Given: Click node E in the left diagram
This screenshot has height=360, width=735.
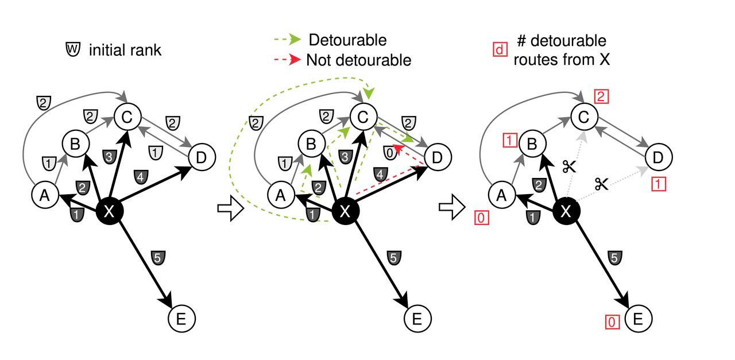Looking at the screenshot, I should (x=182, y=318).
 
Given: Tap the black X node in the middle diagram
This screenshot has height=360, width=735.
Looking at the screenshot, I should (x=345, y=211).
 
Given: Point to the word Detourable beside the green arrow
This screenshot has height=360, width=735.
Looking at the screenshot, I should (x=347, y=40).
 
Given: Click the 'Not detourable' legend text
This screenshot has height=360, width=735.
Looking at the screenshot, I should (x=359, y=60).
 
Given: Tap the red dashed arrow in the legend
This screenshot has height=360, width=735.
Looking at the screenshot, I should (x=287, y=60).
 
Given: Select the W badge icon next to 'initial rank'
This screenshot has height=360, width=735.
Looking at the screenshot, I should (x=73, y=50).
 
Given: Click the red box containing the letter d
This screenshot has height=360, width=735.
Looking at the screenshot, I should (x=498, y=50).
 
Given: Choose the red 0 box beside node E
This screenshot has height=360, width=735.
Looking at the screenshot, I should (x=612, y=323).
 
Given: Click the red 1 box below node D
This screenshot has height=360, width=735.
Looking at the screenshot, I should (x=660, y=184).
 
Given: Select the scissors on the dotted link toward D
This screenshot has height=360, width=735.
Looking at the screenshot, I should (x=601, y=184).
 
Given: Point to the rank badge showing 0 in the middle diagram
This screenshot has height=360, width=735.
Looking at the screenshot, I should (x=390, y=152).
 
